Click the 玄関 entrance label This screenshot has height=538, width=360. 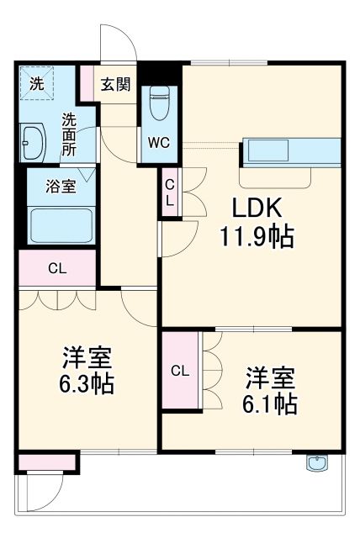(115, 84)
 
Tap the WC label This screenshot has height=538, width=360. (158, 142)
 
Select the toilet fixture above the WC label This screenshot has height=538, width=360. (158, 104)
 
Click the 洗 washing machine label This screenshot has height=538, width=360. (36, 83)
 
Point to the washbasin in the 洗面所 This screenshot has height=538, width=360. (34, 144)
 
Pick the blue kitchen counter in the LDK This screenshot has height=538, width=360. (291, 151)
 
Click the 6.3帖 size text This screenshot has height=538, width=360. (87, 385)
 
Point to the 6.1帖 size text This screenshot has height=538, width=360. (270, 403)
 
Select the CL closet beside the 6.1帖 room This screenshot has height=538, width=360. (180, 371)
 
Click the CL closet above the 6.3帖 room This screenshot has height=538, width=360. (57, 269)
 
